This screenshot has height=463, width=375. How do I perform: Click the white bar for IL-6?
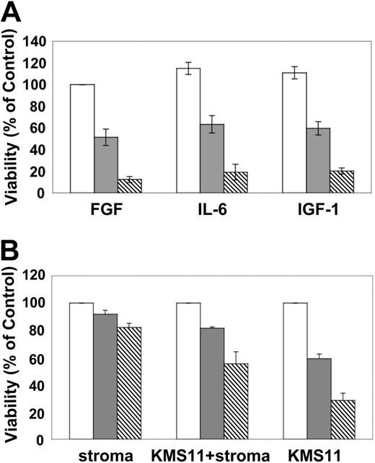tap(188, 131)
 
